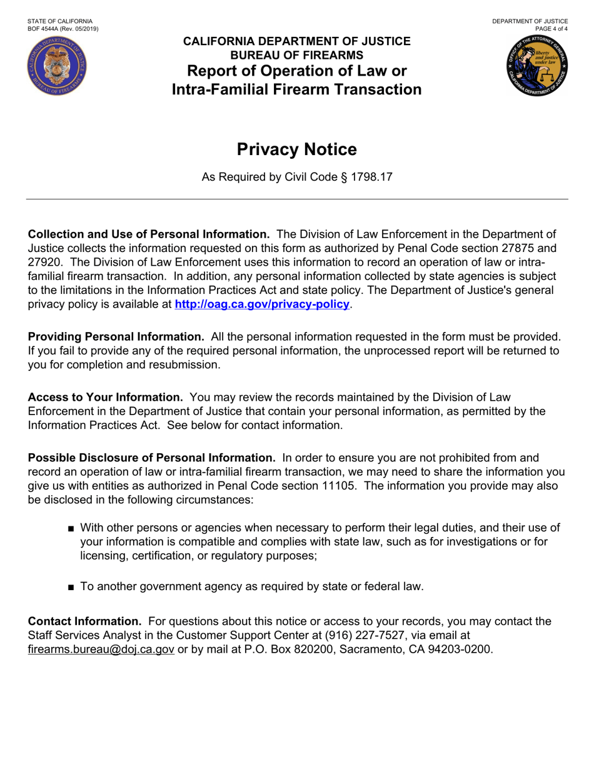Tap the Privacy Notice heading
click(297, 150)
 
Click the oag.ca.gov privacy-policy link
click(262, 304)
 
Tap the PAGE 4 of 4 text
click(551, 29)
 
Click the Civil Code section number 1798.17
click(371, 178)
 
